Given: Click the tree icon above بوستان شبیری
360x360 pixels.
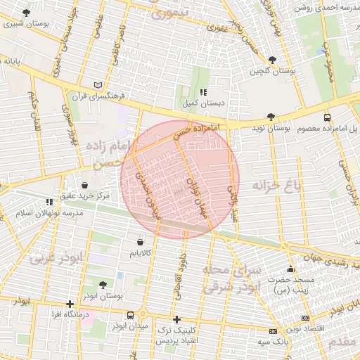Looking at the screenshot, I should [x=26, y=13].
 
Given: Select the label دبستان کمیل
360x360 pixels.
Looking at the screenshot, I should [x=203, y=103].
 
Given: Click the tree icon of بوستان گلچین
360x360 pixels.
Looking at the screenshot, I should [x=272, y=60].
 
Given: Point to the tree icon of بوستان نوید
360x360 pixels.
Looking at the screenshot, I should [x=271, y=117].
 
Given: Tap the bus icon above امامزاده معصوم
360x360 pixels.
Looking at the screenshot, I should [x=327, y=117].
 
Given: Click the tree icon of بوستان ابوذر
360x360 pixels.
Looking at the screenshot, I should [x=103, y=285].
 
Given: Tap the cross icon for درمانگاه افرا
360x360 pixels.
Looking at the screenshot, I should [x=69, y=304].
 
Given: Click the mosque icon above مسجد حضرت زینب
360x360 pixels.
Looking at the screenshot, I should [x=290, y=269].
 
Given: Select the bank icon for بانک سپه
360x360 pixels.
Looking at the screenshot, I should [x=273, y=331].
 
